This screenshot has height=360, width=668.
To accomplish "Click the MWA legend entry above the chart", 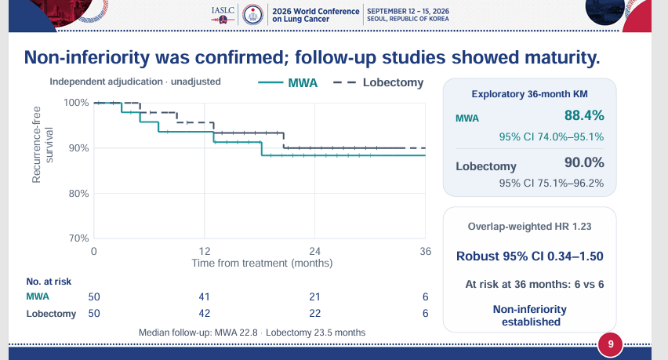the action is pyautogui.click(x=288, y=82).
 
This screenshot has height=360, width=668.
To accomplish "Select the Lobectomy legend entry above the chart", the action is pyautogui.click(x=379, y=82).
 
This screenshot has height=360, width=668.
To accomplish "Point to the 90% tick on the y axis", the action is pyautogui.click(x=79, y=148).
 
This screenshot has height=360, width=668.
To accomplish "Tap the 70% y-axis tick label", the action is pyautogui.click(x=79, y=238).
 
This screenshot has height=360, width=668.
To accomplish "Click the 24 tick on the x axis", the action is pyautogui.click(x=315, y=251).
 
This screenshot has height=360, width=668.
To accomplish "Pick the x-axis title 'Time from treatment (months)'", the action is pyautogui.click(x=262, y=263).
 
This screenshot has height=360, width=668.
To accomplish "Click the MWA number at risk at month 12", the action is pyautogui.click(x=205, y=296).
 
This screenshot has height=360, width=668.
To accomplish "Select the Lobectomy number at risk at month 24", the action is pyautogui.click(x=315, y=313).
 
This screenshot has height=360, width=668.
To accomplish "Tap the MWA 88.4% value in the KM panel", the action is pyautogui.click(x=584, y=115).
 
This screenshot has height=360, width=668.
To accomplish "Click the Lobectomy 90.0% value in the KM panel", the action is pyautogui.click(x=584, y=162).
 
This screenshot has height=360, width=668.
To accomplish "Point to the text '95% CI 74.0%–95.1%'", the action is pyautogui.click(x=551, y=136).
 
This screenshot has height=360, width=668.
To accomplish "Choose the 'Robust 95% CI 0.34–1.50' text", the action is pyautogui.click(x=529, y=256).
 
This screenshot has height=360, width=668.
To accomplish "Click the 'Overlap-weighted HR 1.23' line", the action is pyautogui.click(x=529, y=226).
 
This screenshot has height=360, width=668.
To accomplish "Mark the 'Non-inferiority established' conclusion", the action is pyautogui.click(x=530, y=315).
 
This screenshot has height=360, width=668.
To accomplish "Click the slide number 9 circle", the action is pyautogui.click(x=611, y=344).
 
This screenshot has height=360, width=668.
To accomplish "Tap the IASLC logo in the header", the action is pyautogui.click(x=223, y=14).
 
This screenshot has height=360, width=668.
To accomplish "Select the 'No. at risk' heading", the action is pyautogui.click(x=49, y=282).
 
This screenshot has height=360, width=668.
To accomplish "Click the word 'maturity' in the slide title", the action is pyautogui.click(x=562, y=57).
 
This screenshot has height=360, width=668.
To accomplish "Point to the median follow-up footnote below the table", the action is pyautogui.click(x=252, y=333).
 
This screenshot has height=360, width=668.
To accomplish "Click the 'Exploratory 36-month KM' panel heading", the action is pyautogui.click(x=529, y=94).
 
